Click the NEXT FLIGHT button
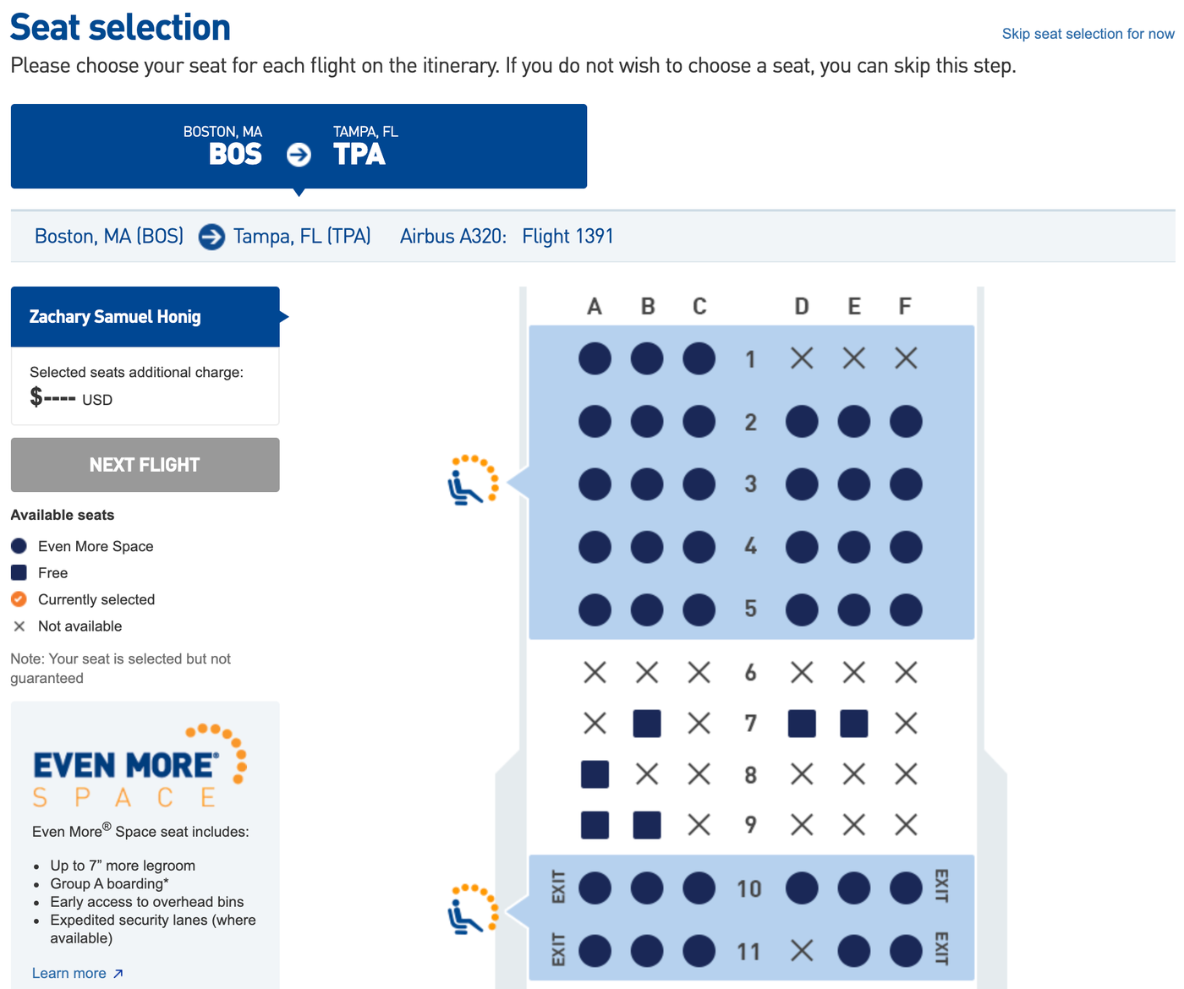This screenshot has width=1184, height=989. click(x=145, y=465)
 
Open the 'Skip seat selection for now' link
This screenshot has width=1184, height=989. click(x=1088, y=34)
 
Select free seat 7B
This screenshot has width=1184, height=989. click(x=647, y=724)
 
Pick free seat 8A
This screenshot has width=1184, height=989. click(x=595, y=774)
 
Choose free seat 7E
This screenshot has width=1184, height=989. click(x=853, y=724)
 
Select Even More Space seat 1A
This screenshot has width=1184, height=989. click(x=595, y=358)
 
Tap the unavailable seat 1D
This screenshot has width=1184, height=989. click(x=802, y=358)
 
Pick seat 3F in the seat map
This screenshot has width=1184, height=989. click(x=906, y=484)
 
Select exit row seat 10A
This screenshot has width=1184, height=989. click(x=595, y=888)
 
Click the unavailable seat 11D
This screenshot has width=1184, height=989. click(x=802, y=951)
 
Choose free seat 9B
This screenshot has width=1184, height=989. click(x=647, y=825)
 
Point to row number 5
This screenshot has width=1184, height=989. click(x=750, y=609)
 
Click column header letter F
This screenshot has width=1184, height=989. click(x=905, y=306)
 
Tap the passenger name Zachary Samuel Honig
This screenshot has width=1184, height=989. click(x=115, y=317)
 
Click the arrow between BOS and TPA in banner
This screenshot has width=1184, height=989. click(x=299, y=155)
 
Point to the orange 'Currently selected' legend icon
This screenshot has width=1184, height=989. click(x=19, y=599)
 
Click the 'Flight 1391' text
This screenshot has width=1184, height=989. click(x=567, y=237)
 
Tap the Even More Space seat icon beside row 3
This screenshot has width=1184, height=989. click(x=473, y=480)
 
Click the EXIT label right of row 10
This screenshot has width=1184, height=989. click(x=941, y=886)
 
